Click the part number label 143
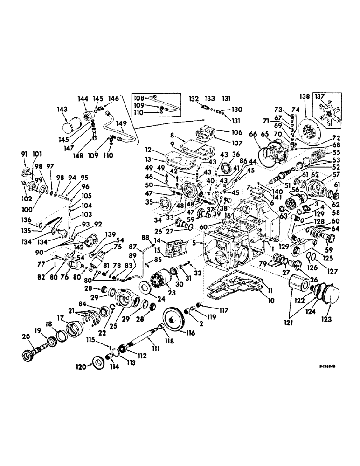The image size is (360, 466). [62, 109]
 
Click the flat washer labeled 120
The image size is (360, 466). [99, 364]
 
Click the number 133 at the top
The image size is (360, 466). [210, 98]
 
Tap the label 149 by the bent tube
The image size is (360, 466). [122, 124]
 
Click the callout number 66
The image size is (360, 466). [254, 134]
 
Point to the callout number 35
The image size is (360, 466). [149, 203]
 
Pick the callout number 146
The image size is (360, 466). [114, 98]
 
